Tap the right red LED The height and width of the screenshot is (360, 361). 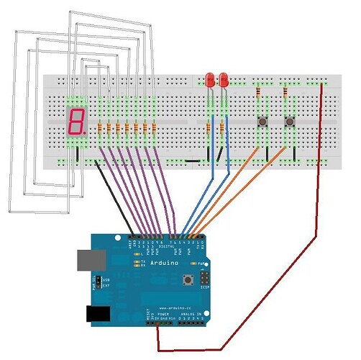(x=222, y=78)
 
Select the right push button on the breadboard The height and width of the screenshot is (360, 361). (x=290, y=122)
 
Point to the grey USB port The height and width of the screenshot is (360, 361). (x=87, y=259)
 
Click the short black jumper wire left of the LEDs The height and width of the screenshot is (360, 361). (x=192, y=161)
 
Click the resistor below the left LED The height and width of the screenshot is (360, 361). (x=209, y=129)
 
